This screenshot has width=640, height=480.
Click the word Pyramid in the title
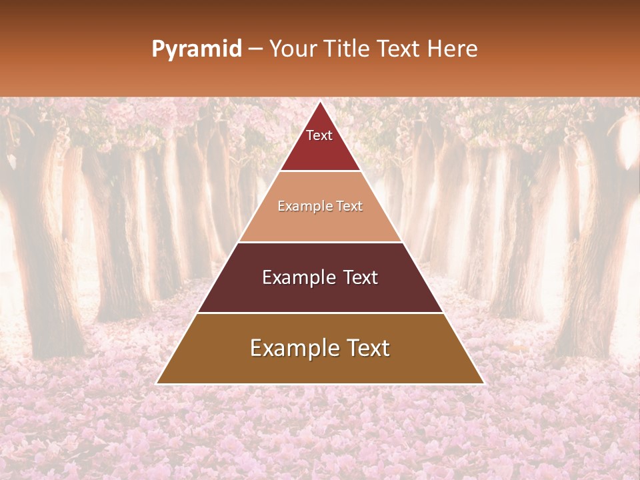point(196,49)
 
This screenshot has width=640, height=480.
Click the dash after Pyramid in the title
point(255,49)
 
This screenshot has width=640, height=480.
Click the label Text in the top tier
point(319,135)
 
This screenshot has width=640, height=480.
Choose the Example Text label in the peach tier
point(320,206)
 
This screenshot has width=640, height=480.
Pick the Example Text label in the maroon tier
point(320,277)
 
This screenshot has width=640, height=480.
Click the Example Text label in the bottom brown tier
point(320,348)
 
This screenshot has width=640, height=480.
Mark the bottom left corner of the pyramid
point(157,384)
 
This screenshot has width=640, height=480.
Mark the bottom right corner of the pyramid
point(483,384)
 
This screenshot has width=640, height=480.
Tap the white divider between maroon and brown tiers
point(320,313)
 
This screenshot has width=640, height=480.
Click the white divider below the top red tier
point(320,171)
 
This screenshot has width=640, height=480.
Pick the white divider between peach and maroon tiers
point(320,242)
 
